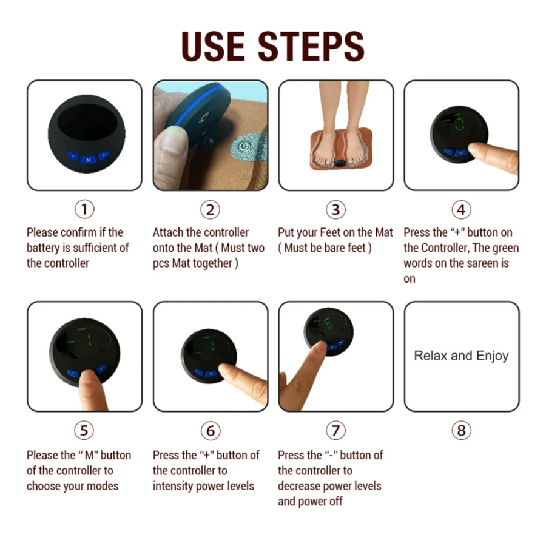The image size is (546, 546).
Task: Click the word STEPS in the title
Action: pyautogui.click(x=311, y=46)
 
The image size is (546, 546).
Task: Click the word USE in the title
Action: pyautogui.click(x=213, y=46)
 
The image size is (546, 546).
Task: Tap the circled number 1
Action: pyautogui.click(x=84, y=209)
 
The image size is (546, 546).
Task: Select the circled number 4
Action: pyautogui.click(x=462, y=209)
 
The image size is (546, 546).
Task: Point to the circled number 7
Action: pyautogui.click(x=335, y=430)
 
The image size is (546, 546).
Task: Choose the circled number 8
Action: pyautogui.click(x=462, y=430)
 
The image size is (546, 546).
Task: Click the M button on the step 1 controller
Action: pyautogui.click(x=89, y=160)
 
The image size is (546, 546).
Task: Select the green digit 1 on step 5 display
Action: pyautogui.click(x=90, y=340)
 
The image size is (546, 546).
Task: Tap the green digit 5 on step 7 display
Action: pyautogui.click(x=328, y=323)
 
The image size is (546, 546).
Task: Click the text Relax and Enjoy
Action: pyautogui.click(x=462, y=356)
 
